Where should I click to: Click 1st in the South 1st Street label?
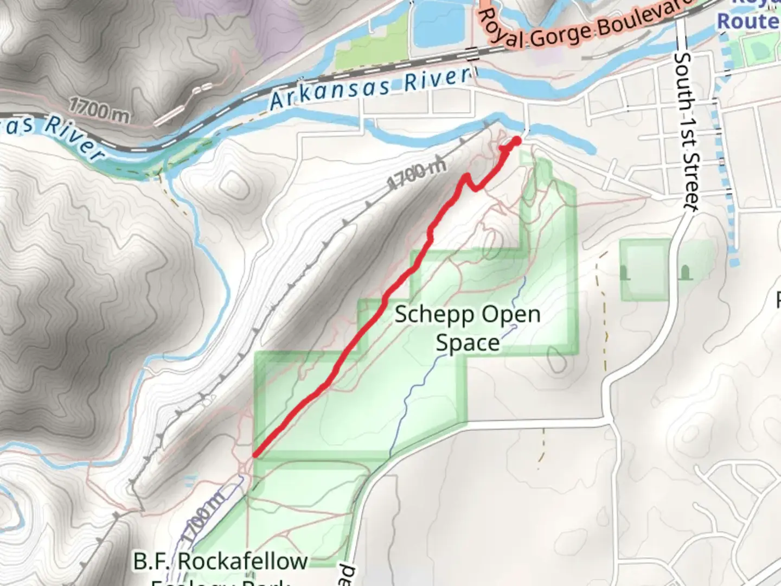point(687,131)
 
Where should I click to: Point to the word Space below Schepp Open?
point(468,343)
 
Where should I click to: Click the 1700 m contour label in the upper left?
point(99,110)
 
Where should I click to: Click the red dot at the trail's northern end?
point(516,141)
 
